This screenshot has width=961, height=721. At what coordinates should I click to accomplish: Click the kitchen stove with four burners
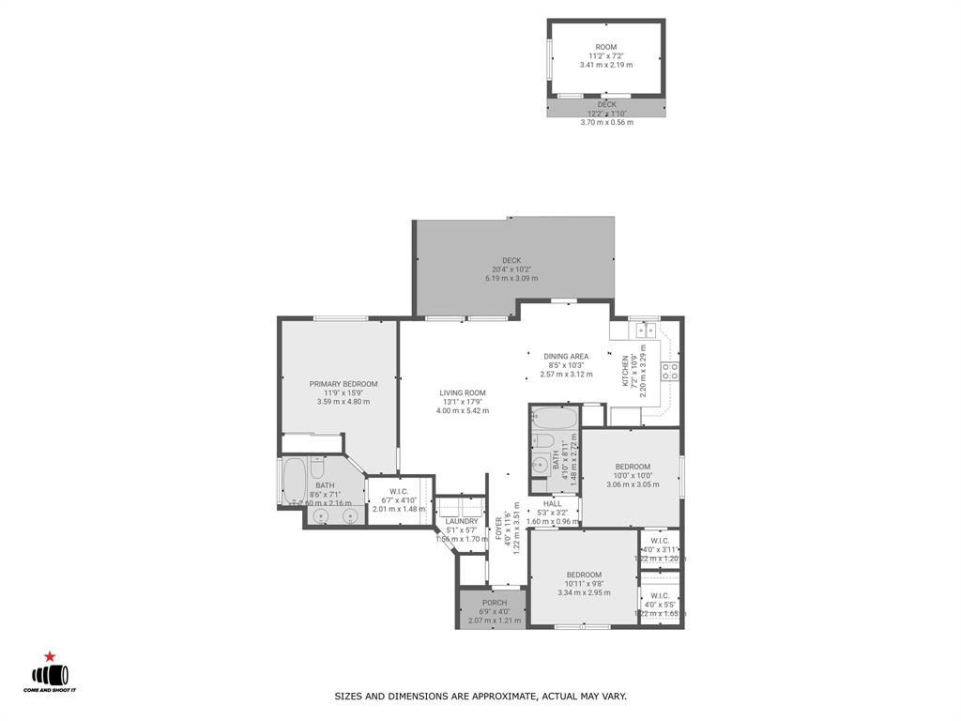click(x=670, y=371)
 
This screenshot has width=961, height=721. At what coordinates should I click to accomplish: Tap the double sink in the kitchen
click(x=645, y=330)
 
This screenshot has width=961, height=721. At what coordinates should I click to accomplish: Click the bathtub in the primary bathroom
click(x=294, y=481)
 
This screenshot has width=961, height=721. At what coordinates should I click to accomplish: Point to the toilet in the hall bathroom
click(x=542, y=441)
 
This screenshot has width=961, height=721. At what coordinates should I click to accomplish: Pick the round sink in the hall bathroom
click(x=542, y=464)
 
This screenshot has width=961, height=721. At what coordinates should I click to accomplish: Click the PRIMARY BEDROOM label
click(x=343, y=384)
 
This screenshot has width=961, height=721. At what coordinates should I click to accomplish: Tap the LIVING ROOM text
click(x=463, y=393)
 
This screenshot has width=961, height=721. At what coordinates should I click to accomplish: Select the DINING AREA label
click(x=566, y=357)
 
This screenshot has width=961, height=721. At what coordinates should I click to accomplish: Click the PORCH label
click(x=495, y=603)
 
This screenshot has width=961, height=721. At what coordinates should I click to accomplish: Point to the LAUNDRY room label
click(x=462, y=521)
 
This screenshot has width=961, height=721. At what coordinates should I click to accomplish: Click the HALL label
click(x=552, y=503)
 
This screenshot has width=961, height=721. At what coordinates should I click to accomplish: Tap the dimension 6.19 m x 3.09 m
click(x=511, y=279)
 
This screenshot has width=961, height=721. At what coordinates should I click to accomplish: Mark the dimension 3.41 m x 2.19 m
click(x=605, y=65)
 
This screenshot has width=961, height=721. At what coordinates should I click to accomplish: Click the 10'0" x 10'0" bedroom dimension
click(x=633, y=476)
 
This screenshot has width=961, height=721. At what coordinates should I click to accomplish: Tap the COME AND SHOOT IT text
click(x=50, y=690)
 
